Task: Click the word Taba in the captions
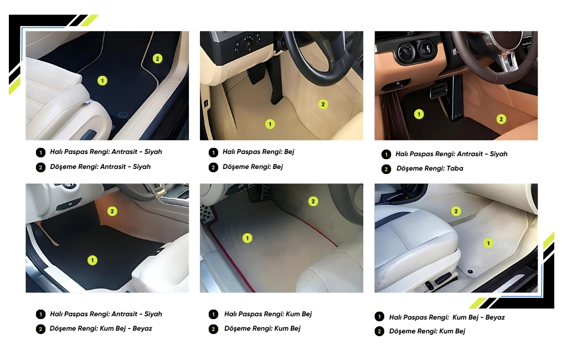455,168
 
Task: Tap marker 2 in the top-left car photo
157,59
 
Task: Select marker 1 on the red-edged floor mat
248,238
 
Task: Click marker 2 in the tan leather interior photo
501,119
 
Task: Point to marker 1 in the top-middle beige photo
270,124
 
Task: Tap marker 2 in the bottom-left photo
112,212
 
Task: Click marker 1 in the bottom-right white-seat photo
488,243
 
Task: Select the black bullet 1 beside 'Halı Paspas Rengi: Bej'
213,153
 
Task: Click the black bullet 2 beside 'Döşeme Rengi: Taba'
386,169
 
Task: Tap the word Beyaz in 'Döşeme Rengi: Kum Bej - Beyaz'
142,328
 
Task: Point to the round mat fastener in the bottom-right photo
471,272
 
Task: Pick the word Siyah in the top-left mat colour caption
153,152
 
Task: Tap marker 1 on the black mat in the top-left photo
102,80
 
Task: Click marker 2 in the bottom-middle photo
313,201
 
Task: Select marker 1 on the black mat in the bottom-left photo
92,260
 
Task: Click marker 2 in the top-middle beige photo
323,105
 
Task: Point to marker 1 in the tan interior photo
419,114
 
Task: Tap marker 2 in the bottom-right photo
456,212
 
